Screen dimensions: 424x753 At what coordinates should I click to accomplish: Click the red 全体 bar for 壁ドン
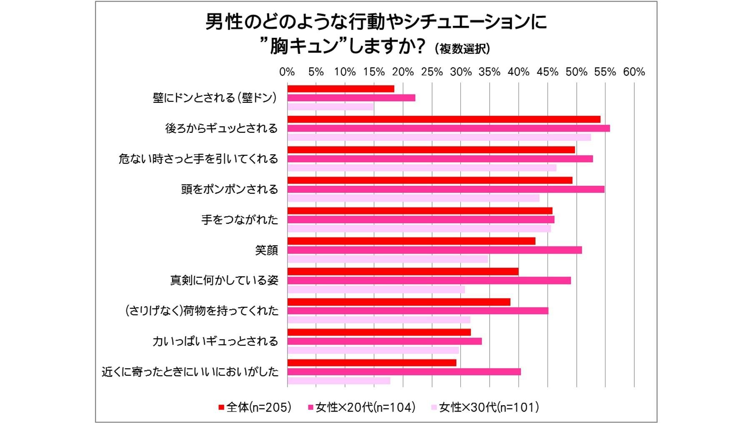[x=340, y=89]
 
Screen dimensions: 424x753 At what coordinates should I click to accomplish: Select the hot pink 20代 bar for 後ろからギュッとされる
[x=448, y=128]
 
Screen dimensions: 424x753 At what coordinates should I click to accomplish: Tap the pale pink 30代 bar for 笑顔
[x=387, y=259]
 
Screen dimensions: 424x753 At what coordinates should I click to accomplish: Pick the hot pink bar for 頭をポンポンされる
[x=445, y=189]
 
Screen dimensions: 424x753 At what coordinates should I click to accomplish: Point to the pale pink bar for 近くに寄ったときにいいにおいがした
[x=338, y=381]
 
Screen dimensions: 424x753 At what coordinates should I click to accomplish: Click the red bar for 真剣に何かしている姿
[x=403, y=272]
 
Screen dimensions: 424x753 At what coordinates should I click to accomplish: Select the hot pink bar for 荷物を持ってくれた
[x=418, y=311]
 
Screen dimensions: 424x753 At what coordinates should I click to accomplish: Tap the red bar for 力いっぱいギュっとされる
[x=379, y=332]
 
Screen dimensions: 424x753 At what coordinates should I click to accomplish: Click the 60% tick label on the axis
[x=634, y=72]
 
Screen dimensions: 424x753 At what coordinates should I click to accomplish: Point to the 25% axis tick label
[x=432, y=72]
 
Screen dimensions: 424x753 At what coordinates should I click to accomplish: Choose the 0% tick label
[x=287, y=72]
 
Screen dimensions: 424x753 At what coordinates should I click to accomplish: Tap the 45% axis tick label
[x=547, y=72]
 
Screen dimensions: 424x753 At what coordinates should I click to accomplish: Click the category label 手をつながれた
[x=240, y=220]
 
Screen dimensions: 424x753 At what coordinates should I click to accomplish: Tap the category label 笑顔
[x=266, y=250]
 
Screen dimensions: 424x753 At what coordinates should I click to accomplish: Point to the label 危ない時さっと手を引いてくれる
[x=198, y=159]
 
